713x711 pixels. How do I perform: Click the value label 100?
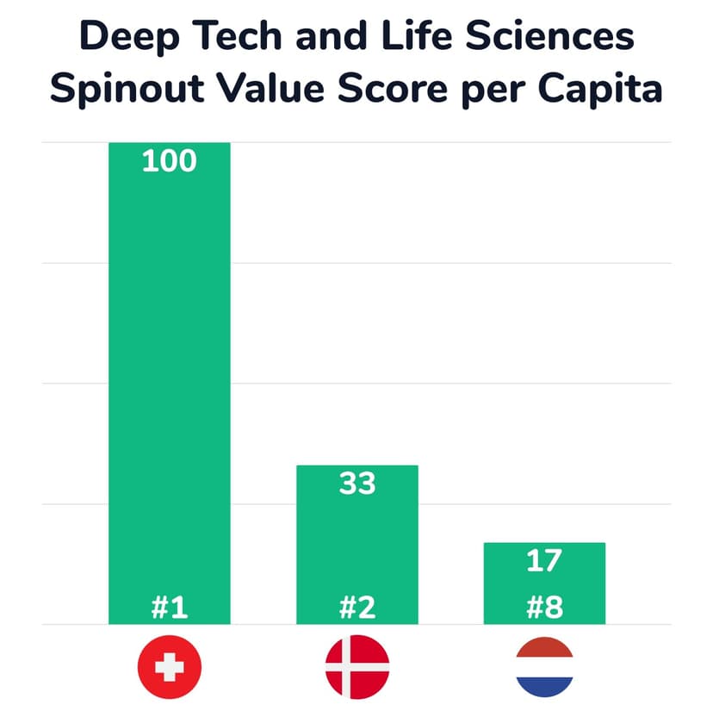169,161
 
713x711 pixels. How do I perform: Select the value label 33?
357,483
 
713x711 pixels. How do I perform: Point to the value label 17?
544,561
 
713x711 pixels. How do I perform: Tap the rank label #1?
169,608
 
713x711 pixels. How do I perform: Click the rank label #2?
357,608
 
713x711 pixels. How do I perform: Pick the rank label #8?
544,608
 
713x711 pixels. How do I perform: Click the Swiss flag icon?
170,666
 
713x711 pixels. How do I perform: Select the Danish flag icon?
357,666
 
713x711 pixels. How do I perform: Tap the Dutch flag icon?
544,666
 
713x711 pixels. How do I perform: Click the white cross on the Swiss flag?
170,666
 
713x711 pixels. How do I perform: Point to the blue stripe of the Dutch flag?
544,686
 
